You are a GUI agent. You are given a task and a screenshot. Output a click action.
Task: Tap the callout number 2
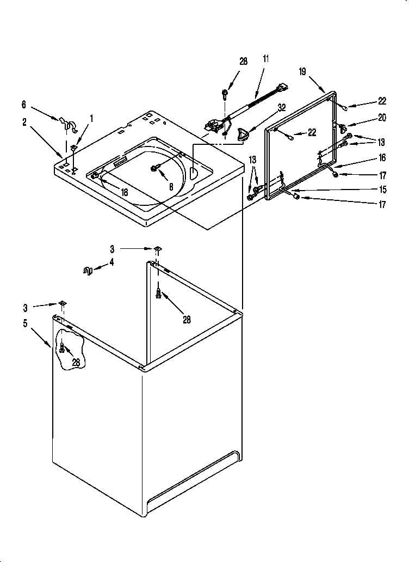[x=24, y=123]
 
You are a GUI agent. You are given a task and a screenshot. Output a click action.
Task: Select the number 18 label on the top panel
[x=124, y=192]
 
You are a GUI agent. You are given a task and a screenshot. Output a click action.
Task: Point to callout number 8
[x=171, y=186]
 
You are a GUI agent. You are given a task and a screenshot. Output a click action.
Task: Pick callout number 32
[x=282, y=107]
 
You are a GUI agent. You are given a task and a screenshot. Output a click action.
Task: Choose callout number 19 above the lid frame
[x=303, y=71]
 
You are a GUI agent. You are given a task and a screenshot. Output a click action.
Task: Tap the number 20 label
[x=382, y=117]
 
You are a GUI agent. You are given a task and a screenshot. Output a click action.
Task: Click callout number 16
[x=382, y=158]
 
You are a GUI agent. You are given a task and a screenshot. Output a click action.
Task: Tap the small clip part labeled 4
[x=87, y=271]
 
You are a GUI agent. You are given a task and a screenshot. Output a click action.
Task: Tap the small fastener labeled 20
[x=342, y=127]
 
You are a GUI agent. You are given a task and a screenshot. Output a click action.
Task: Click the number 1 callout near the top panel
[x=92, y=118]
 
